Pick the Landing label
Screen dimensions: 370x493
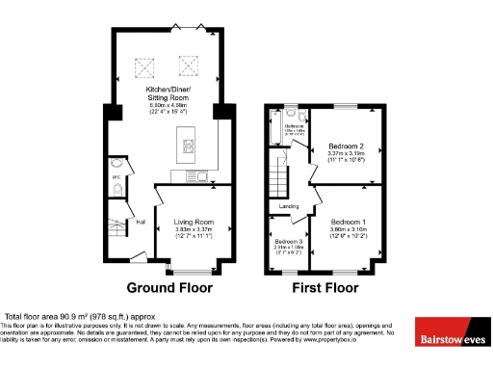[288, 205]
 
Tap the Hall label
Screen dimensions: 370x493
[141, 223]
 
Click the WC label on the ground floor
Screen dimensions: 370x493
[116, 176]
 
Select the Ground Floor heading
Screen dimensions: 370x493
[169, 287]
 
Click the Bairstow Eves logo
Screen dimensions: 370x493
[453, 338]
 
